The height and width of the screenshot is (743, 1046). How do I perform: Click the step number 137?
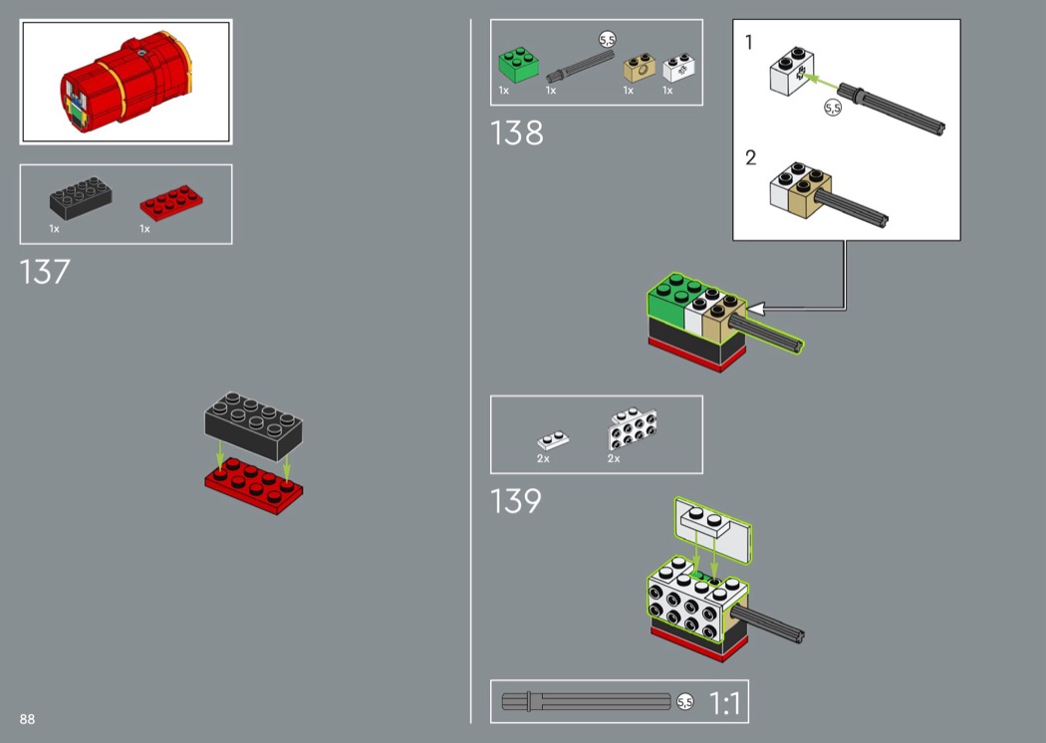tap(45, 272)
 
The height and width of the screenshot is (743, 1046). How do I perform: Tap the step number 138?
tap(517, 132)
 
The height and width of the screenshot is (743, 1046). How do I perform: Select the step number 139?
tap(516, 501)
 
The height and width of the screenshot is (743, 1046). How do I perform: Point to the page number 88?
tap(27, 719)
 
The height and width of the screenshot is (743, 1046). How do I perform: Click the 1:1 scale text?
tap(724, 703)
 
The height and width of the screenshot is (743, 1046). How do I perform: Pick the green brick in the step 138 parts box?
tap(518, 65)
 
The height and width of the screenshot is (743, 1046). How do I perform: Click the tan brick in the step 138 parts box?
tap(640, 68)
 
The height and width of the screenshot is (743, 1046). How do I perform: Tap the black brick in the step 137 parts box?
tap(81, 198)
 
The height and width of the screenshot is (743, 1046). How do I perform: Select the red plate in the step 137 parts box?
tap(170, 203)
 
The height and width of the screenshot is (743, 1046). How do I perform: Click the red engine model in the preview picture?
tap(126, 82)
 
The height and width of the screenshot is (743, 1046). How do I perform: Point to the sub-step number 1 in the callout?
tap(749, 43)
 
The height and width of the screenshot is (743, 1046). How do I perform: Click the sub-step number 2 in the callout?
tap(751, 157)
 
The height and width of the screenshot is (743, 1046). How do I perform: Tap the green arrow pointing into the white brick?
tap(821, 82)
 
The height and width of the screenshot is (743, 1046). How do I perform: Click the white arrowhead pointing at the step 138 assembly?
tap(756, 309)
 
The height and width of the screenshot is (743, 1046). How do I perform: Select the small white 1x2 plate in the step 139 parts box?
tap(553, 440)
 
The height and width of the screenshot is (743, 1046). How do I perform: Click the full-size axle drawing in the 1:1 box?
tap(587, 701)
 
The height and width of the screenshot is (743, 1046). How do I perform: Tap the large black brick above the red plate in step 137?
tap(253, 425)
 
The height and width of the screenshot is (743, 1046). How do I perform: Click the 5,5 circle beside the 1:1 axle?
tap(685, 701)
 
